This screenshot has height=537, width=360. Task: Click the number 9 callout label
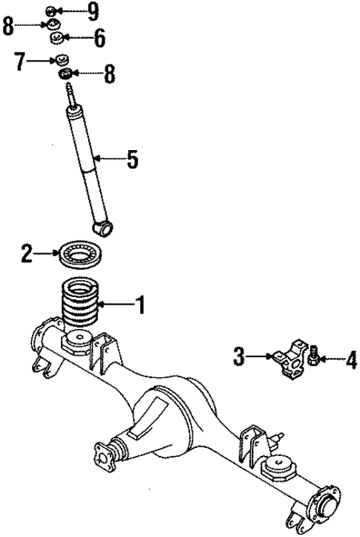[x=92, y=10]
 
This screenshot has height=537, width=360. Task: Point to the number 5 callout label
[x=131, y=158]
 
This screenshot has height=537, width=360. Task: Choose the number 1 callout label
[x=139, y=304]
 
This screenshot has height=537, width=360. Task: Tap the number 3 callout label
[x=239, y=358]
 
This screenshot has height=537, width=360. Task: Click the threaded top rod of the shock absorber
[x=72, y=96]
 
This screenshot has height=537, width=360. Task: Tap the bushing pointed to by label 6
[x=54, y=38]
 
